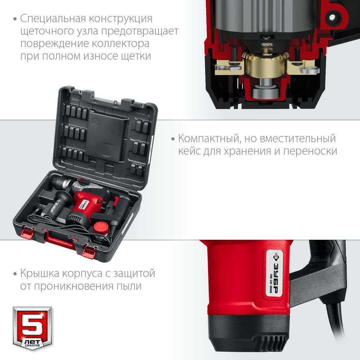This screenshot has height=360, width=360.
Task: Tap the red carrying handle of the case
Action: click(60, 240)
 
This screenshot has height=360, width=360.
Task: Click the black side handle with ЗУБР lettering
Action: click(58, 207)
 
